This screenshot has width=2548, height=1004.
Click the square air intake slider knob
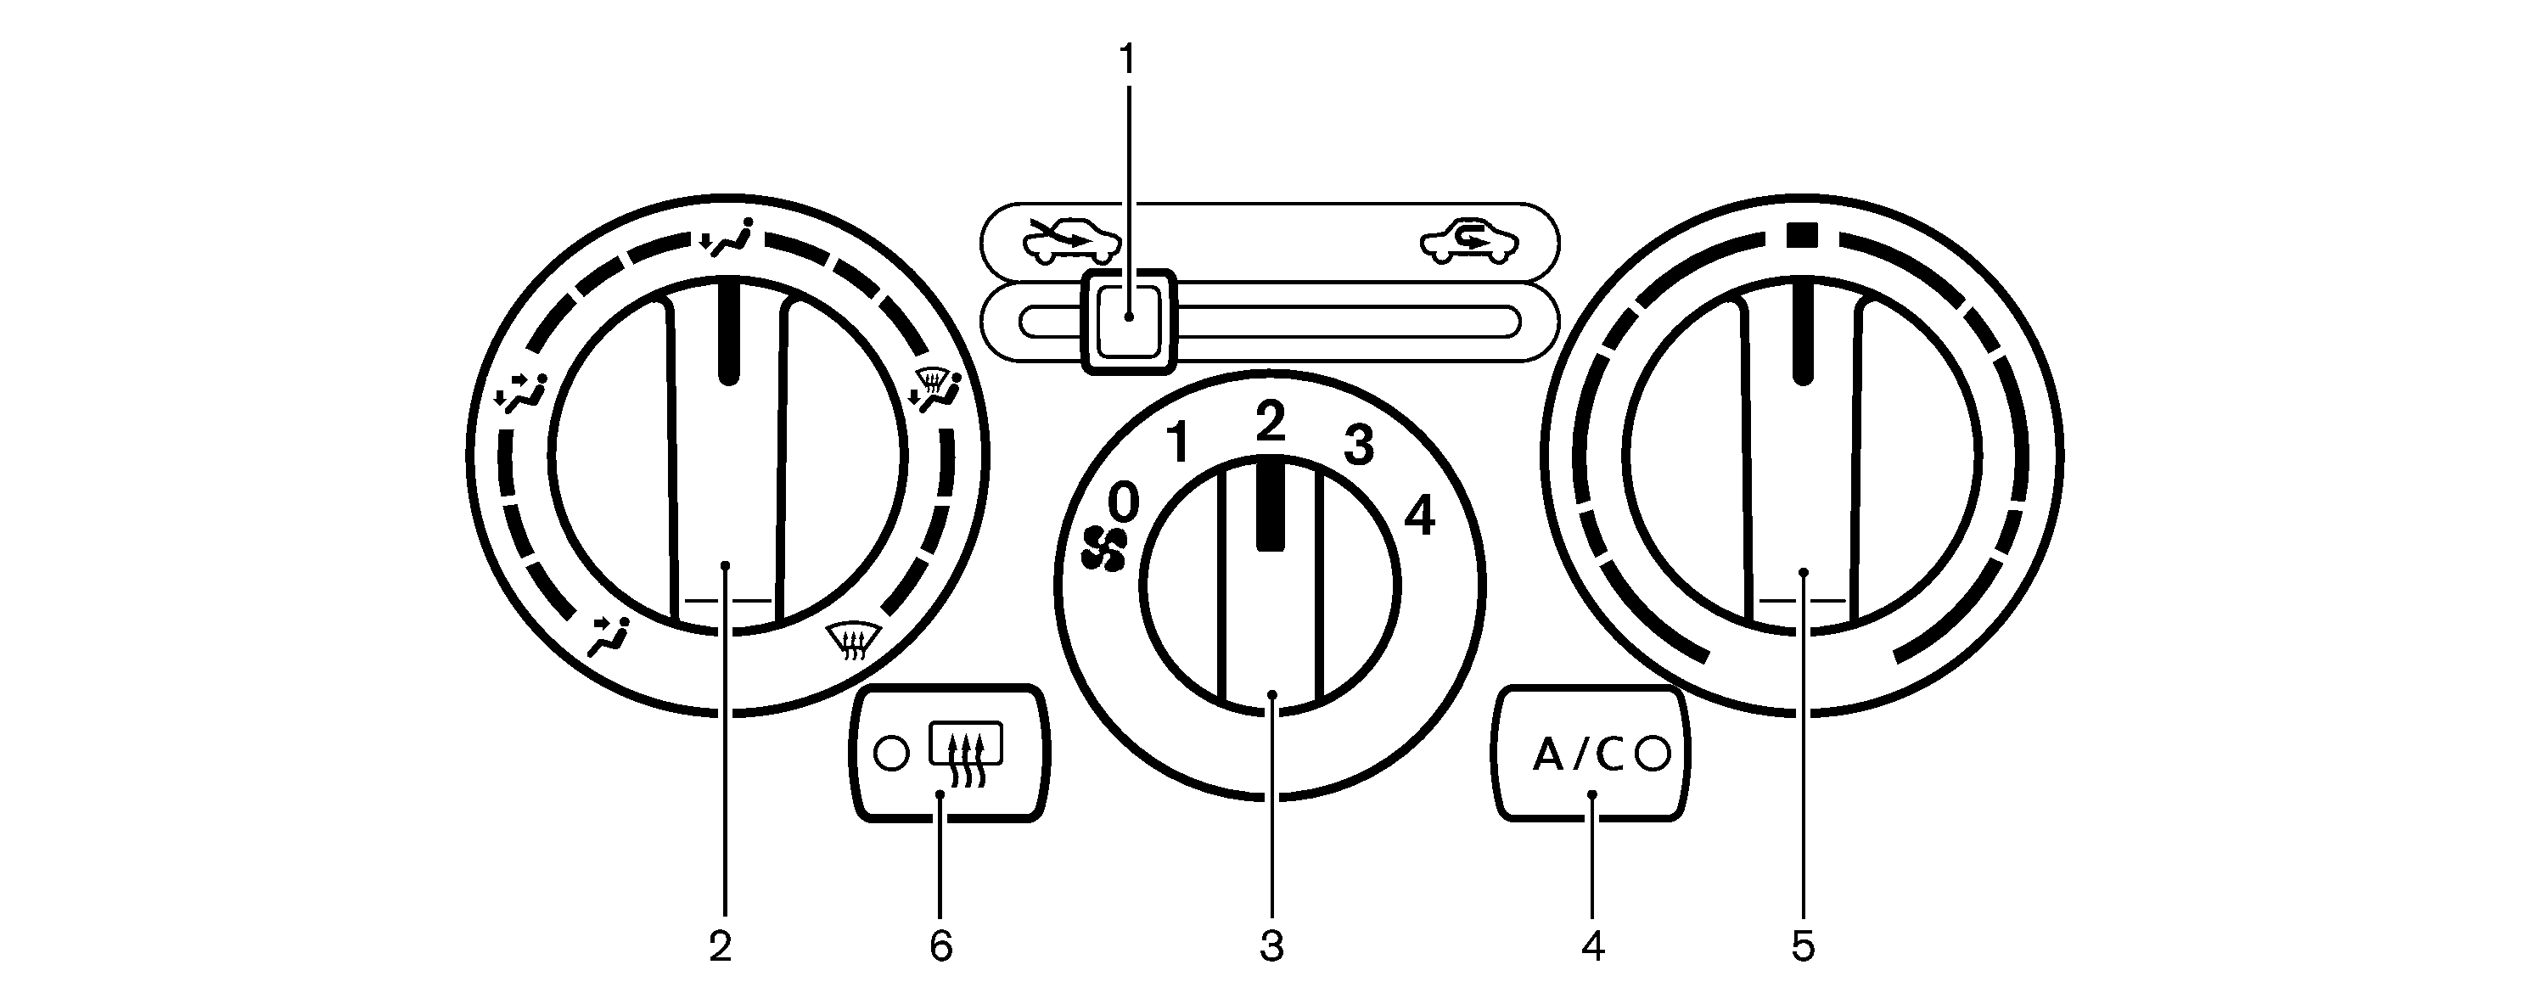[x=1129, y=322]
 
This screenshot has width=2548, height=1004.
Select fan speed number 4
[x=1419, y=515]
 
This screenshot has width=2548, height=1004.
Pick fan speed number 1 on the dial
[x=1177, y=442]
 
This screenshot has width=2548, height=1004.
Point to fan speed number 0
[x=1124, y=502]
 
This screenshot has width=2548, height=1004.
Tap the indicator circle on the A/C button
[x=1653, y=754]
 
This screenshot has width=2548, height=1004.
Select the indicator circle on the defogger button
[x=891, y=754]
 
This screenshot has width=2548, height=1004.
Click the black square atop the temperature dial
[x=1802, y=235]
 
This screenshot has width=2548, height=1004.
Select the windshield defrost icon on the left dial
[x=854, y=641]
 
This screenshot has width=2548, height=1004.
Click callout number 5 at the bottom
[x=1803, y=946]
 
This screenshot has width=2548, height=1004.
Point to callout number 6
[x=940, y=946]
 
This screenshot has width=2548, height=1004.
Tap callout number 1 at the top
[x=1128, y=59]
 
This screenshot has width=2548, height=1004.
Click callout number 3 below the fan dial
[x=1271, y=946]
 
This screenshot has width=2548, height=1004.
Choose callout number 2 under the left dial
[x=720, y=946]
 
